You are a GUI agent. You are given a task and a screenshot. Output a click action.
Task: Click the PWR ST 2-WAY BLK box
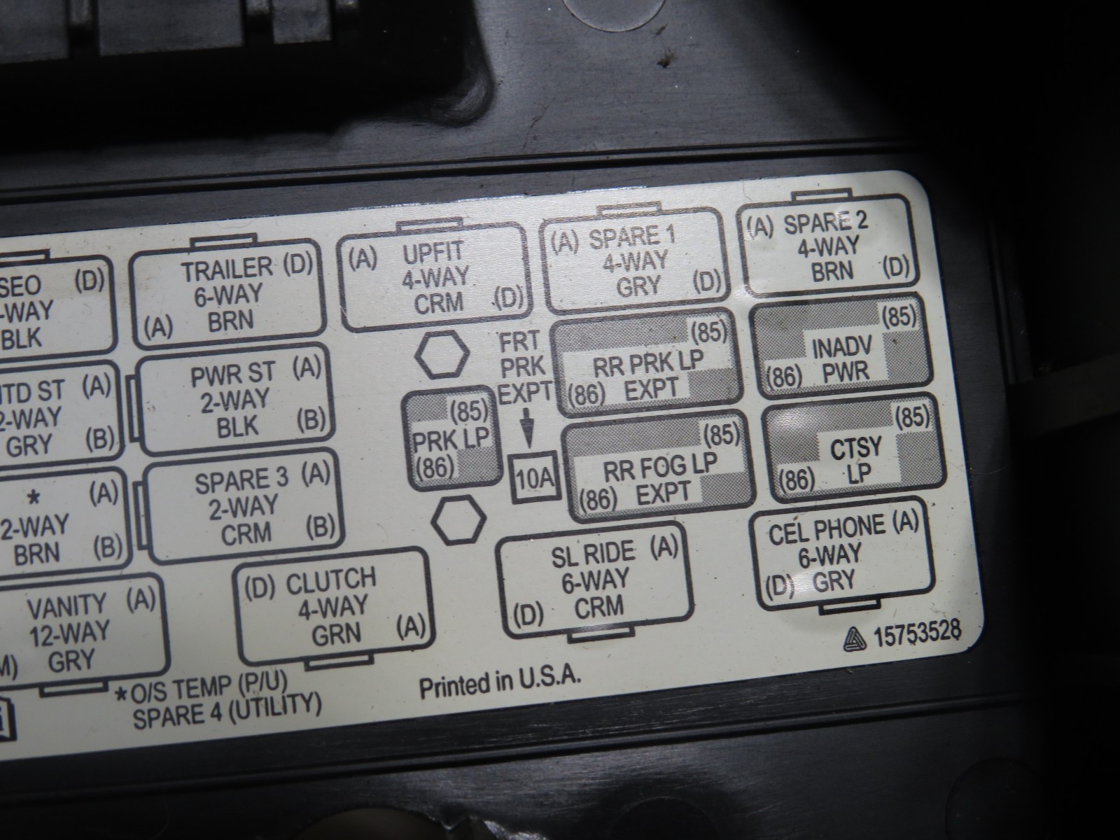(232, 400)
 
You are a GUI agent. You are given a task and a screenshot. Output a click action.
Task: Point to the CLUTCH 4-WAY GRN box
(332, 605)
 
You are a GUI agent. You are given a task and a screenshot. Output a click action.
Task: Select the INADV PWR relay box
(841, 351)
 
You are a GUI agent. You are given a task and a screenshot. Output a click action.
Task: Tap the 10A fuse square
(535, 479)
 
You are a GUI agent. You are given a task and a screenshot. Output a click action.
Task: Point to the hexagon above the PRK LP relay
(441, 356)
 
